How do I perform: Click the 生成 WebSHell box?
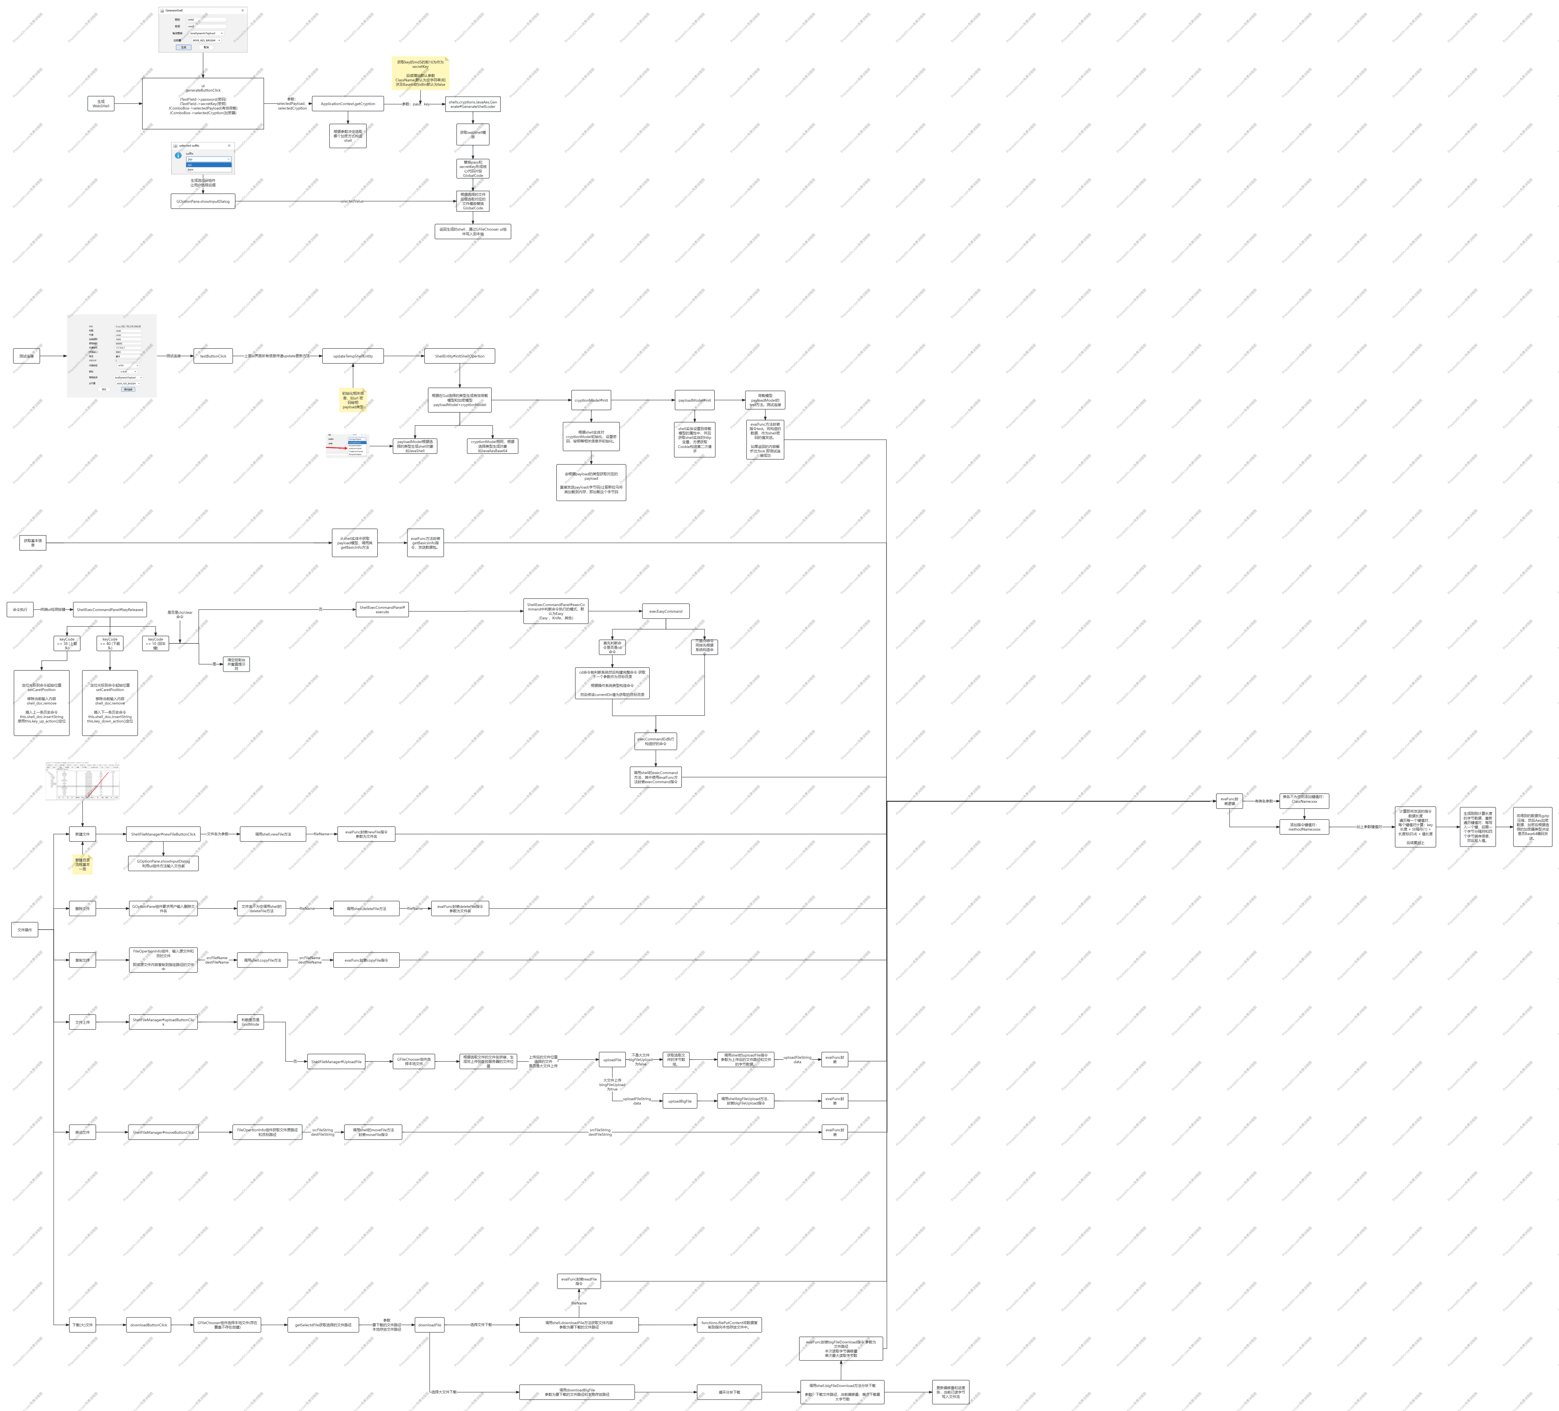point(100,104)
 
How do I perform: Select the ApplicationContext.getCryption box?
point(348,104)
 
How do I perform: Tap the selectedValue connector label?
point(352,201)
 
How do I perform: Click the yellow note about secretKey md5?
point(420,73)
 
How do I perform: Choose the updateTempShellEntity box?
point(353,356)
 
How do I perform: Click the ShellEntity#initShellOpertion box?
point(459,356)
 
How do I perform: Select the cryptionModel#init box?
point(592,401)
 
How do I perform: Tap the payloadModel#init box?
point(695,401)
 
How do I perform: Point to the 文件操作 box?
point(25,930)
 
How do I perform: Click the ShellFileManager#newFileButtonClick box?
point(163,834)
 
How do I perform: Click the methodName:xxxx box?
point(1305,826)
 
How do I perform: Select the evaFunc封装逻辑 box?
point(1230,801)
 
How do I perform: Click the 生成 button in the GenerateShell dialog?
point(183,47)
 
